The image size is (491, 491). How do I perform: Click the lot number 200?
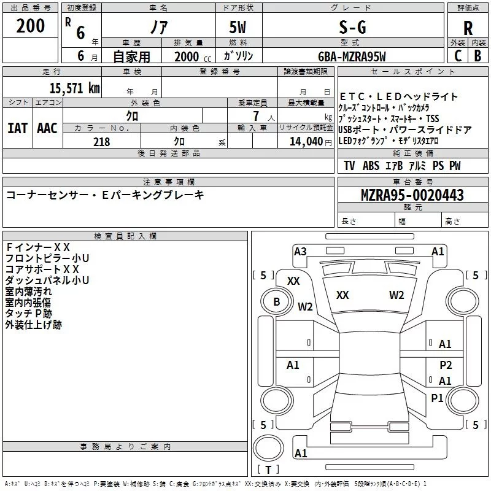tap(31, 26)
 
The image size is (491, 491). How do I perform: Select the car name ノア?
tap(158, 27)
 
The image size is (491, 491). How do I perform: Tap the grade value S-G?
tap(352, 27)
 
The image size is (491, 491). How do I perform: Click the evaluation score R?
tap(468, 28)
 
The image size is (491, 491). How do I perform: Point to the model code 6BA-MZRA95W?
tap(352, 56)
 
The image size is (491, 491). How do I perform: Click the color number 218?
tap(101, 142)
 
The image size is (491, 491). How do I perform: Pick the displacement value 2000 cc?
tap(190, 56)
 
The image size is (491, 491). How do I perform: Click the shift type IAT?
tap(17, 128)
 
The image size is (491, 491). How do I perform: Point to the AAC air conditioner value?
tap(47, 128)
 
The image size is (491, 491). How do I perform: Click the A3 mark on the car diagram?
tap(300, 251)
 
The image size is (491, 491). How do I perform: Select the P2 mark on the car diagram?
tap(446, 365)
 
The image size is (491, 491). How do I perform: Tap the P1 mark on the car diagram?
tap(437, 398)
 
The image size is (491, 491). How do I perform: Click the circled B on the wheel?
tap(277, 302)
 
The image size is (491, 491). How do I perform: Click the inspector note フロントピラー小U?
tap(47, 258)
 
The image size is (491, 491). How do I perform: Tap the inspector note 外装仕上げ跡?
tap(34, 325)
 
